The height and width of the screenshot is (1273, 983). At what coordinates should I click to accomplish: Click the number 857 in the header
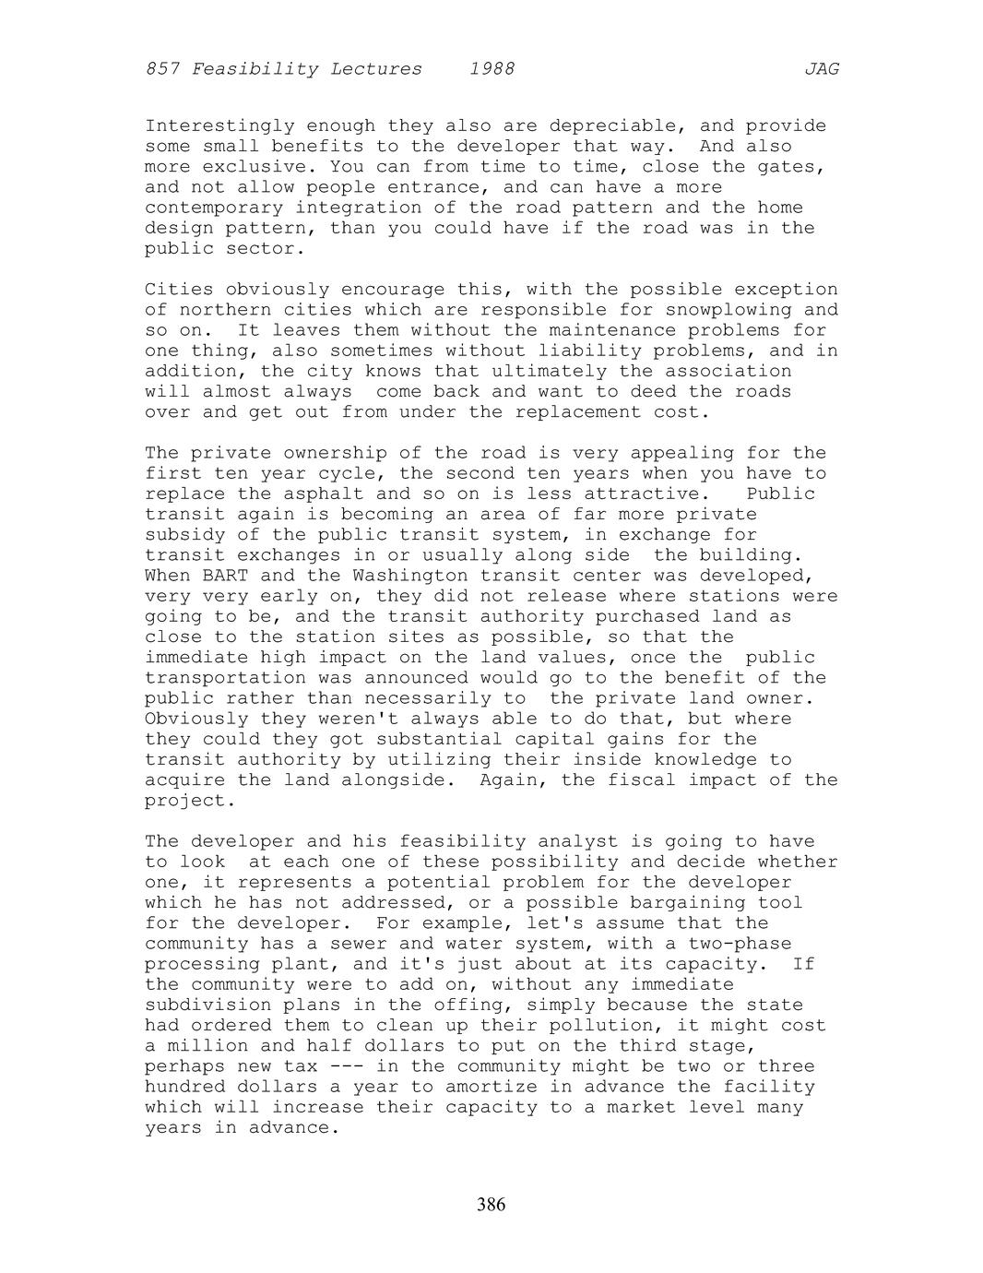(162, 69)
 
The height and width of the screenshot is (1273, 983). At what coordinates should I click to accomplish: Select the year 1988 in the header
(491, 69)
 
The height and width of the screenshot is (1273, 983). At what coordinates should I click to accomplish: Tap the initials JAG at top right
(821, 69)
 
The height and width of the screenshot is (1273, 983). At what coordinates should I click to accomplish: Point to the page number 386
(491, 1204)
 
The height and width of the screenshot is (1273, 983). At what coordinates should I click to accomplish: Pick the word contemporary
(214, 208)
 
